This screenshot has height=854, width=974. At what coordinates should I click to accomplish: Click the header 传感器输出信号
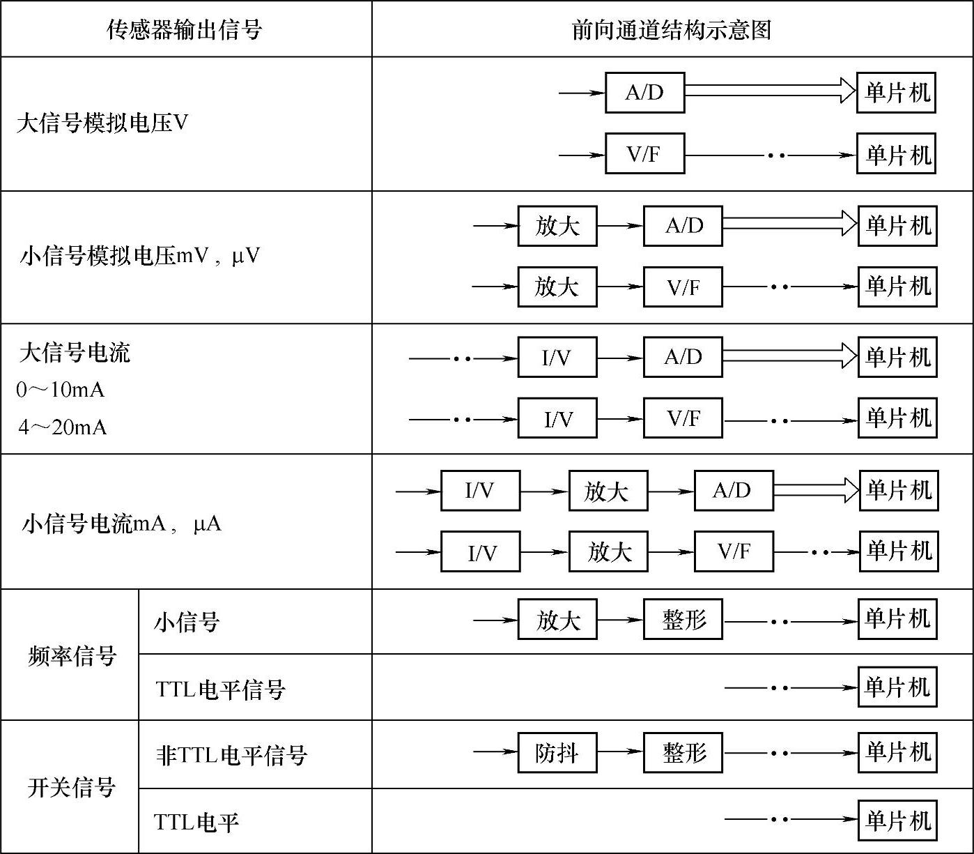[185, 30]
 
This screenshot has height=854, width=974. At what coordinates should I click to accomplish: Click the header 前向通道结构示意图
[672, 30]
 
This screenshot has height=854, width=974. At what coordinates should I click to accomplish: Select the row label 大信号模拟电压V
[102, 124]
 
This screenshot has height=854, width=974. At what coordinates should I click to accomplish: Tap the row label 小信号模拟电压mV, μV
[139, 257]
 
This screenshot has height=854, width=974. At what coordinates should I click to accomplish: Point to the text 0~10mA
[61, 390]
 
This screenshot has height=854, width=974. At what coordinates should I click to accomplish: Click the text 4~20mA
[63, 427]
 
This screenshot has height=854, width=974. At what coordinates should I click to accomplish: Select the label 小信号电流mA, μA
[122, 523]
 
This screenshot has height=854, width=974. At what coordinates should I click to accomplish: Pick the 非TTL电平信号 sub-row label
[231, 755]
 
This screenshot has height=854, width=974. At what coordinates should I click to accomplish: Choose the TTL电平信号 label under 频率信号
[221, 689]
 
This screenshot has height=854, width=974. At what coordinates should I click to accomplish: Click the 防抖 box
[557, 752]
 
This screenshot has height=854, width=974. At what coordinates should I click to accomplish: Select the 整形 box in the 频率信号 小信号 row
[683, 619]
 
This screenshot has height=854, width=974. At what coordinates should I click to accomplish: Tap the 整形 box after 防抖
[683, 752]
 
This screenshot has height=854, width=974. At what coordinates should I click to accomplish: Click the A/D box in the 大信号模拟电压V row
[644, 93]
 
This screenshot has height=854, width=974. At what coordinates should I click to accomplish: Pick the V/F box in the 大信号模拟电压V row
[644, 153]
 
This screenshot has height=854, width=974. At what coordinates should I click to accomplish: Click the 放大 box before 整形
[557, 619]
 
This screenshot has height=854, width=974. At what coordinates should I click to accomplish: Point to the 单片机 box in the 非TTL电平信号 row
[897, 752]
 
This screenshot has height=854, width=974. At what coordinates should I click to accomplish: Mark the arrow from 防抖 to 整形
[619, 752]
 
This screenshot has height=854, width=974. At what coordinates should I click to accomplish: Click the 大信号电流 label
[75, 353]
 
